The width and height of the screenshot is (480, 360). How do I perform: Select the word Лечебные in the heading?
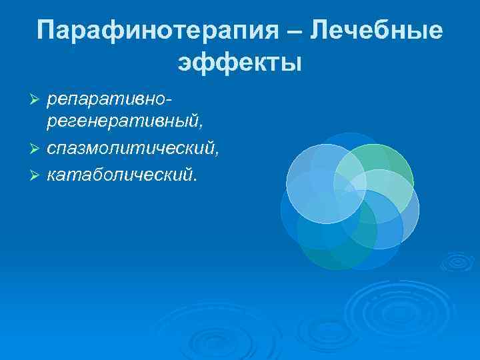click(377, 31)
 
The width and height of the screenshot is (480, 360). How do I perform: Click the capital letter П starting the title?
click(48, 31)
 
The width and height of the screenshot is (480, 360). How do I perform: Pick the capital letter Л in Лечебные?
click(322, 31)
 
